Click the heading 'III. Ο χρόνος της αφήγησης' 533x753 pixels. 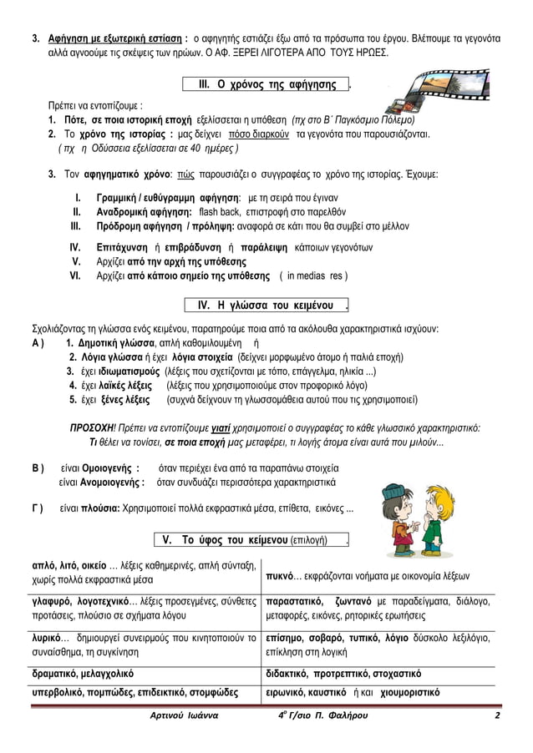[266, 85]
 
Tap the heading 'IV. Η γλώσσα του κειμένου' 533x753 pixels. [266, 304]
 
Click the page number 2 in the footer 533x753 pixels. [497, 716]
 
